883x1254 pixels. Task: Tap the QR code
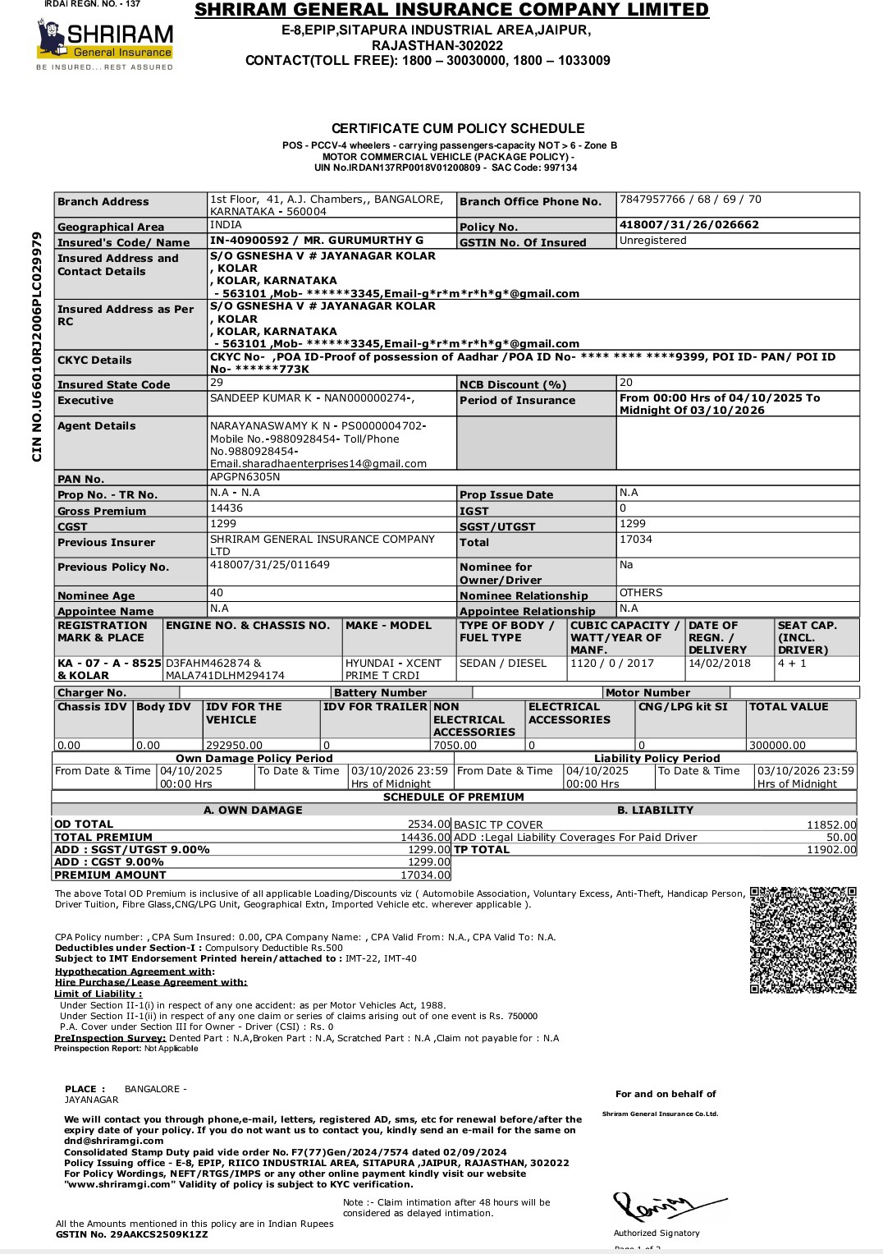(803, 939)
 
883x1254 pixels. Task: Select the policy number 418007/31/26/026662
(689, 225)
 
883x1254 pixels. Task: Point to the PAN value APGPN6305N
(245, 477)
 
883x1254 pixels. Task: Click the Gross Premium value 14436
(226, 509)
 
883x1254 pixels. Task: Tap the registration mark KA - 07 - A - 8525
(109, 662)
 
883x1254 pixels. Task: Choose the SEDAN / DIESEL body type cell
(503, 663)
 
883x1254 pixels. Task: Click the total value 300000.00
(777, 745)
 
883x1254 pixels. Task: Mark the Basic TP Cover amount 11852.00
(831, 825)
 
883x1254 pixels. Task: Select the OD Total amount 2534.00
(429, 824)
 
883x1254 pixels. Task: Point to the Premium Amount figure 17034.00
(425, 875)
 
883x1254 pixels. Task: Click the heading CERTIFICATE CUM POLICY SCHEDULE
(458, 128)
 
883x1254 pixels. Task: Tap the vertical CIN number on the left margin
(37, 347)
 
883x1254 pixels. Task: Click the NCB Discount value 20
(626, 383)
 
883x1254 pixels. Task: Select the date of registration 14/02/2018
(720, 663)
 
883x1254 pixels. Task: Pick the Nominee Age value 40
(217, 593)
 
